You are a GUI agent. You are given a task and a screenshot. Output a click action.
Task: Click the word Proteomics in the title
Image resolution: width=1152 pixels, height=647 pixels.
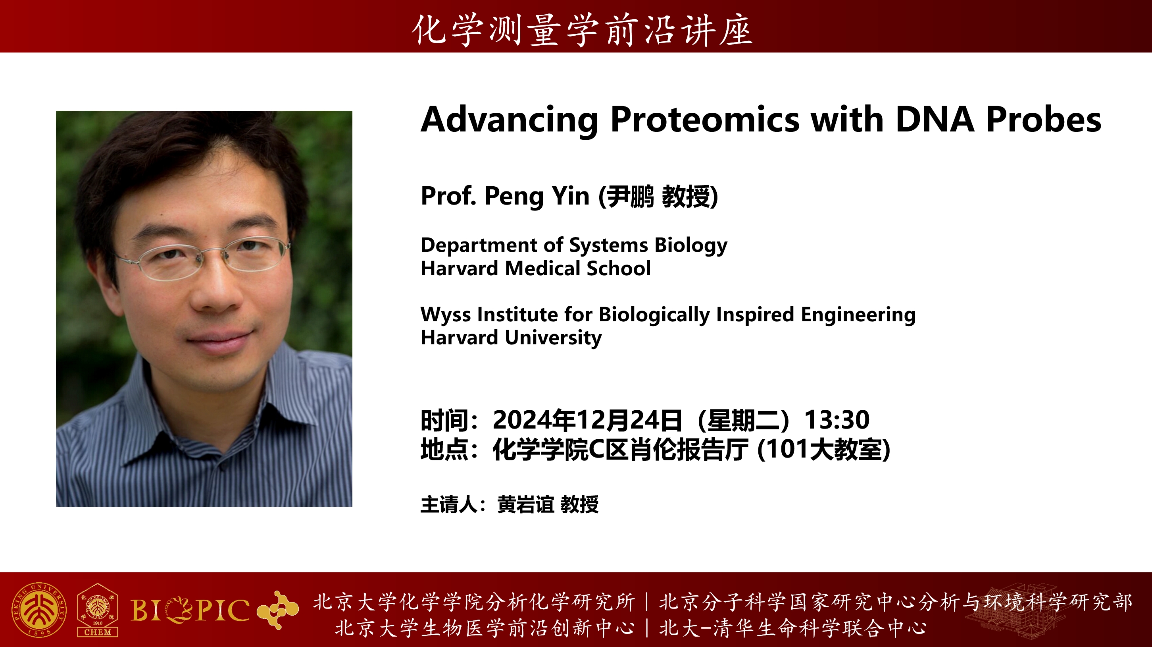tap(705, 120)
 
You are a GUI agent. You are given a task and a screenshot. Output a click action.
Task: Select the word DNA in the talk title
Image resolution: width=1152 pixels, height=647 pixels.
tap(935, 120)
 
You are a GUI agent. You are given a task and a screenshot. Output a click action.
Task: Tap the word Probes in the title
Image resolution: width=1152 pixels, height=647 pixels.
tap(1043, 120)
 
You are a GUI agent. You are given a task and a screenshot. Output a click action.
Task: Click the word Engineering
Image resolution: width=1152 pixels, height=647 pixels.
tap(858, 315)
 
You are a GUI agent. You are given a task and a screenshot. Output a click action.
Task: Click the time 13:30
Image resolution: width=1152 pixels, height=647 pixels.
tap(837, 420)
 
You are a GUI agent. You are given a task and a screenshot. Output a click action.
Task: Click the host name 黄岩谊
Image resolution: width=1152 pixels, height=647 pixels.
tap(526, 505)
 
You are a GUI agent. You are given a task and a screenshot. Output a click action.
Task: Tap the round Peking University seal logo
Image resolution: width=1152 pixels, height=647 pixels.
tap(39, 610)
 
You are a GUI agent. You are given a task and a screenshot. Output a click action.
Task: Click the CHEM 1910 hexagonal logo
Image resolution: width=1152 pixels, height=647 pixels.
tap(98, 610)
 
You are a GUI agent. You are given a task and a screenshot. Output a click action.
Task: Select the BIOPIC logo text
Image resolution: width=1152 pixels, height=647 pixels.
tap(190, 610)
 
